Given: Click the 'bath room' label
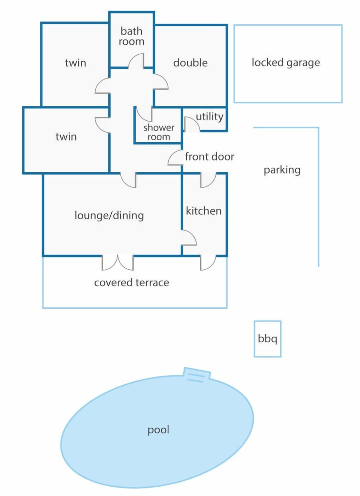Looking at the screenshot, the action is [131, 36].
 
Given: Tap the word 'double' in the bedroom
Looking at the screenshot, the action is [190, 63].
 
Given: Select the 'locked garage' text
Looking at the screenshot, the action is [286, 63].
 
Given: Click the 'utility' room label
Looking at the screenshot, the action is [209, 117].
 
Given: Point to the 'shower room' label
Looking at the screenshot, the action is [159, 132].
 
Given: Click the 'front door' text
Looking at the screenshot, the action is [209, 157].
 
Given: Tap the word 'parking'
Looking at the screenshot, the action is [282, 170].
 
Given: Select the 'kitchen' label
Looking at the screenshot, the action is [204, 211].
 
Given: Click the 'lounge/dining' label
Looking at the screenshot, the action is [109, 215].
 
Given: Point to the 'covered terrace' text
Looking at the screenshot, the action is [132, 283].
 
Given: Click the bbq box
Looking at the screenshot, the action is [267, 339].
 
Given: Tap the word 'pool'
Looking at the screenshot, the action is [158, 430].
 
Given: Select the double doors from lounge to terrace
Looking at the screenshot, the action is [117, 263].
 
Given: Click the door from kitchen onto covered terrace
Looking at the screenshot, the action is [208, 263].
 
